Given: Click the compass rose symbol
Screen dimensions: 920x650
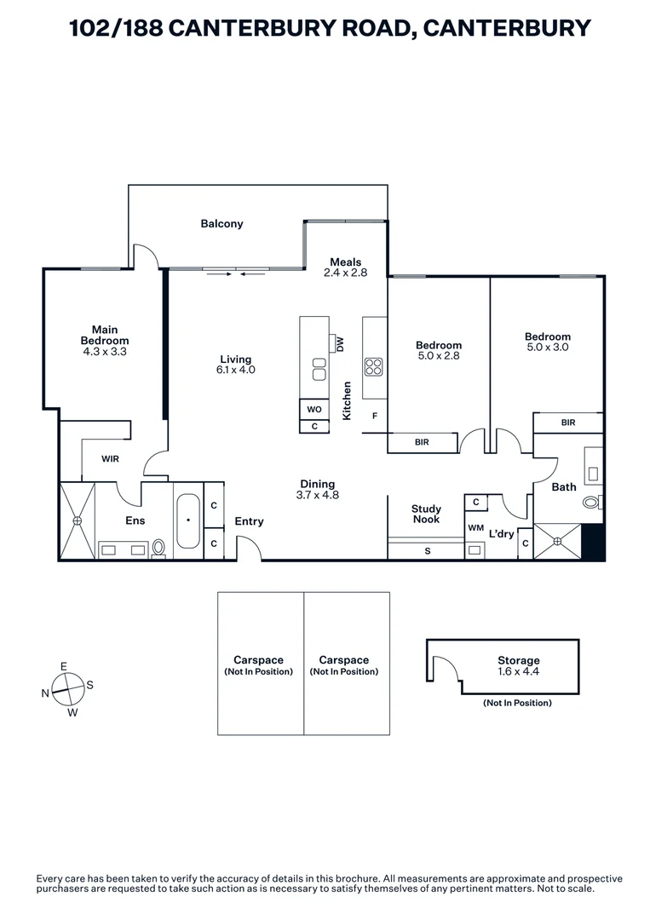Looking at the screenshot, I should click(68, 687).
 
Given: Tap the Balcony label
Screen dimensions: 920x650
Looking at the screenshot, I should click(221, 224).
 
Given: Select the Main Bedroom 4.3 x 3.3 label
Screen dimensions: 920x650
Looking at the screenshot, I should click(106, 340).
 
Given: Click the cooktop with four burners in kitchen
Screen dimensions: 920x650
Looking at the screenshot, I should click(374, 367).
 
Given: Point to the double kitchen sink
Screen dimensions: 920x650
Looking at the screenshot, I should click(319, 369).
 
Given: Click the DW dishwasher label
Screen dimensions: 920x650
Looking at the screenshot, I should click(340, 344).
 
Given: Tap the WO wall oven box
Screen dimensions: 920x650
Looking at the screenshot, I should click(314, 410).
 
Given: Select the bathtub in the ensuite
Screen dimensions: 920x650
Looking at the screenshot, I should click(188, 521).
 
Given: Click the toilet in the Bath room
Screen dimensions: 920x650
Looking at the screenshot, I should click(592, 503).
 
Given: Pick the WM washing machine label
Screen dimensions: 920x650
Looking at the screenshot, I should click(475, 528).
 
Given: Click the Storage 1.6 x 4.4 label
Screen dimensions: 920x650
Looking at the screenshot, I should click(519, 666).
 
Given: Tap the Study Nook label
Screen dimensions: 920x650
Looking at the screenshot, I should click(426, 515).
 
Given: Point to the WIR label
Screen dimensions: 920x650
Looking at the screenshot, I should click(110, 459).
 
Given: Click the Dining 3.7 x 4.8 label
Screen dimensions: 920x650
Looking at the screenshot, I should click(317, 489).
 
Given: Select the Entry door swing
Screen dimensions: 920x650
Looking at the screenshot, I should click(248, 553).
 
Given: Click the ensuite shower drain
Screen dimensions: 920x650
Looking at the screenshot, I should click(77, 520).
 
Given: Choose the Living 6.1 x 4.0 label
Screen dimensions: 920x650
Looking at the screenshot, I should click(235, 365).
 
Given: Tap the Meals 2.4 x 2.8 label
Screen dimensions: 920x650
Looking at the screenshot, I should click(345, 267).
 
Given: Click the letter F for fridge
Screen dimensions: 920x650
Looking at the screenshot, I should click(373, 416).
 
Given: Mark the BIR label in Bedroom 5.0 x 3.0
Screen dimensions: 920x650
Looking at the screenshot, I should click(568, 423).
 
